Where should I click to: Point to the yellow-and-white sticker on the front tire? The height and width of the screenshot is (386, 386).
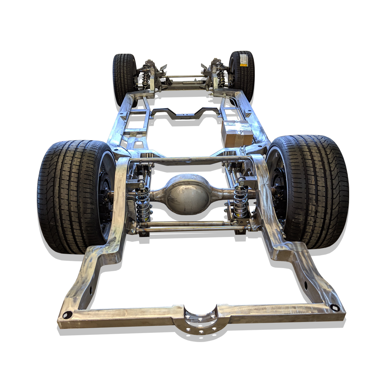pyautogui.click(x=243, y=60)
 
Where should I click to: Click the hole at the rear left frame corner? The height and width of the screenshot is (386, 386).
pyautogui.click(x=67, y=315)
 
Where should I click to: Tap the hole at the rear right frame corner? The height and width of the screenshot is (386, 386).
pyautogui.click(x=335, y=307)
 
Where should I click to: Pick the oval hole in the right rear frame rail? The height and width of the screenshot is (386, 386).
pyautogui.click(x=306, y=285)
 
